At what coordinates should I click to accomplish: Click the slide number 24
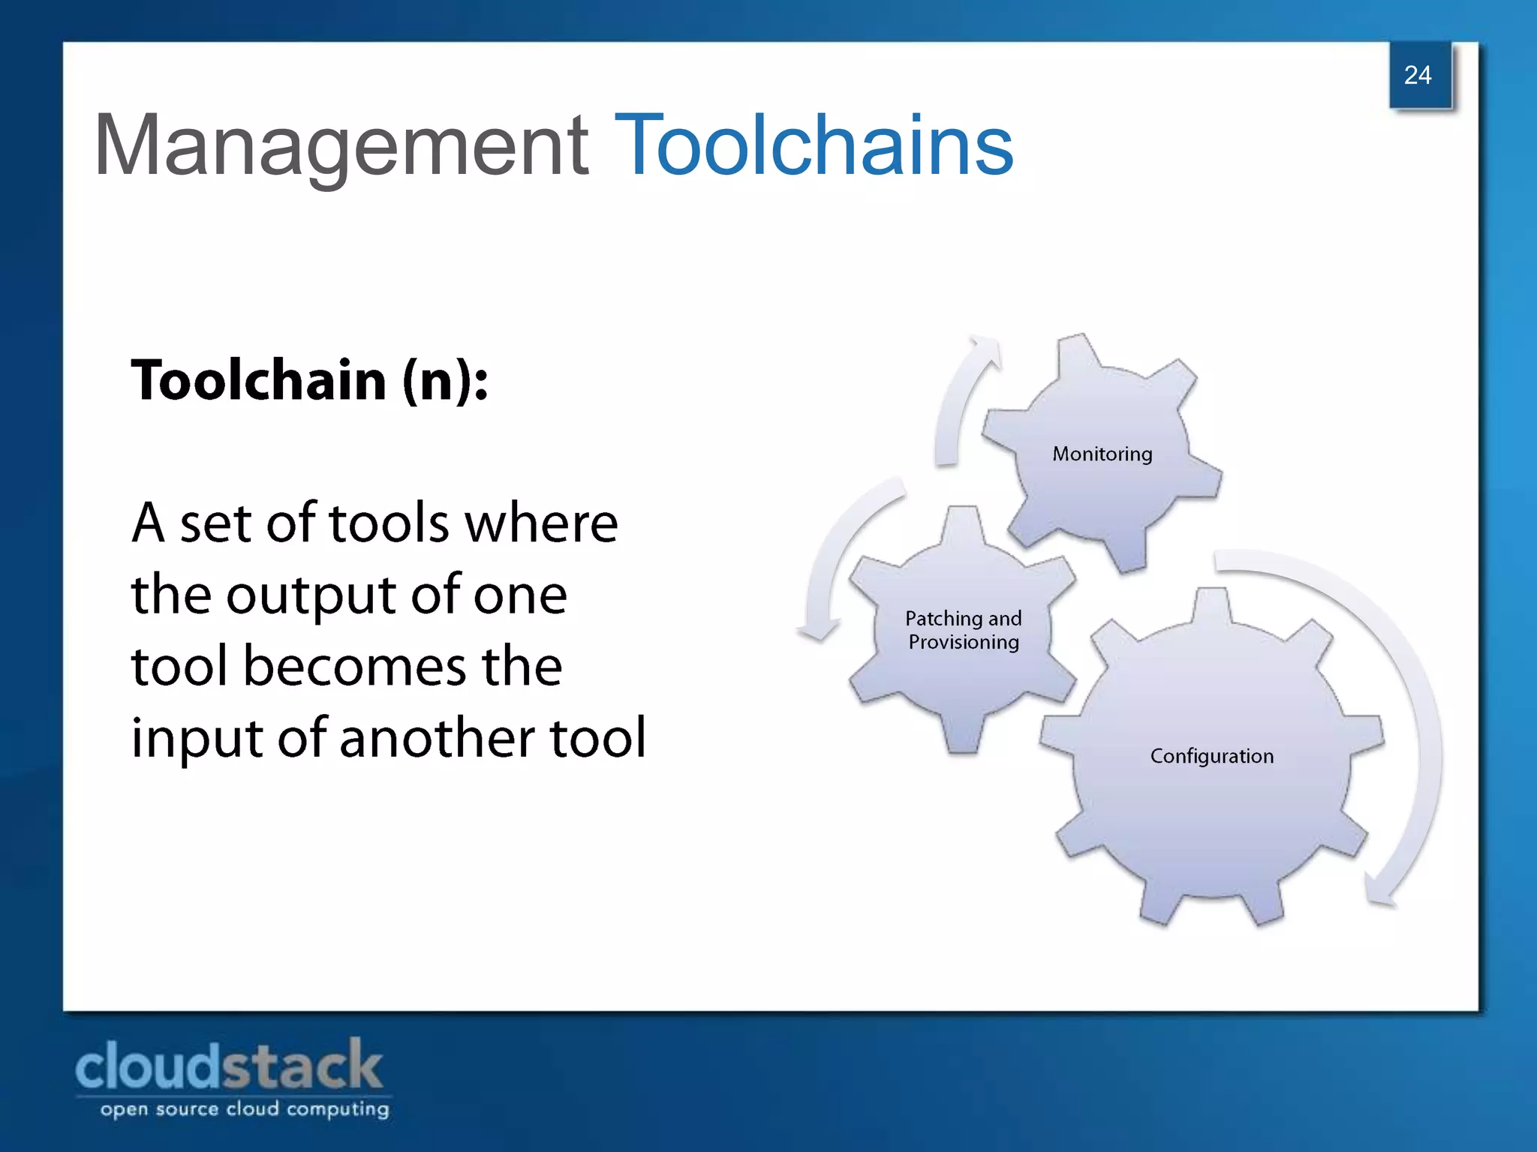(x=1418, y=75)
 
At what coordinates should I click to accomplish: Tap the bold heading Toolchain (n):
(x=310, y=380)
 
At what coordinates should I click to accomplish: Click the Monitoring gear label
(x=1102, y=454)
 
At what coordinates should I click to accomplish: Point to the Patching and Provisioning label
(x=964, y=630)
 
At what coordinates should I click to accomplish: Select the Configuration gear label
(x=1211, y=756)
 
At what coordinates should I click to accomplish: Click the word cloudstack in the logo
(x=229, y=1066)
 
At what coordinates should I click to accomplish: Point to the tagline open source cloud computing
(x=245, y=1109)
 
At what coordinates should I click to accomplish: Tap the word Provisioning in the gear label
(x=964, y=643)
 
